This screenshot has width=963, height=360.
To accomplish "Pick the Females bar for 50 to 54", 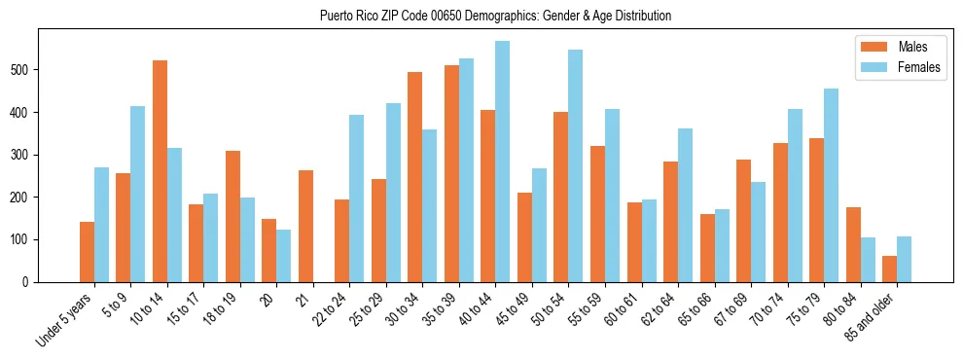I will pos(576,165).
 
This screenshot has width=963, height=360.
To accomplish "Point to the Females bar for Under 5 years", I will pos(101,225).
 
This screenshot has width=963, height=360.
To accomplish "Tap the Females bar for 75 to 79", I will pos(832,185).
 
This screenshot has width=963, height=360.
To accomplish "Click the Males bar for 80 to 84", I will pos(853,244).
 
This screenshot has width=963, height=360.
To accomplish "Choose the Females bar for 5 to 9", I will pos(138,194).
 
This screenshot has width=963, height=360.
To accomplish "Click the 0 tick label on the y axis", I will pos(32,282).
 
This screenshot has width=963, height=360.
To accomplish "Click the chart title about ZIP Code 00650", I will pos(495,16).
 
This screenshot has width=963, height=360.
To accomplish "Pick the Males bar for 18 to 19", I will pos(232,216).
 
